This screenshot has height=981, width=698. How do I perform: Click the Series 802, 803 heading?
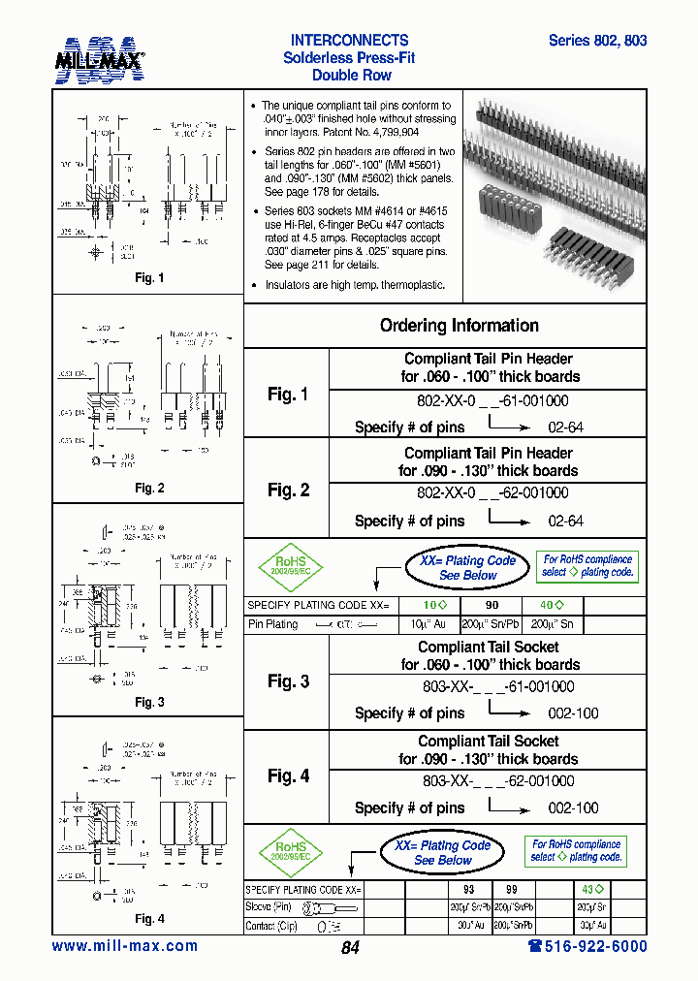pyautogui.click(x=597, y=41)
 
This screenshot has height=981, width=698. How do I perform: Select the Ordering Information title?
pyautogui.click(x=459, y=326)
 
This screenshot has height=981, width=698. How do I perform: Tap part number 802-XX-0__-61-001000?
pyautogui.click(x=492, y=400)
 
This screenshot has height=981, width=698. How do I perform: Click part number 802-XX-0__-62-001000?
pyautogui.click(x=492, y=492)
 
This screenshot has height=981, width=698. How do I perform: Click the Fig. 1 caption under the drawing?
pyautogui.click(x=148, y=278)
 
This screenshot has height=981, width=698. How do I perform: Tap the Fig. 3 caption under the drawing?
pyautogui.click(x=148, y=702)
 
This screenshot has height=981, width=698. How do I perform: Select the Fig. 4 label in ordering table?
pyautogui.click(x=288, y=776)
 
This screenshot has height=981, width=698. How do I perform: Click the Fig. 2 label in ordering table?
pyautogui.click(x=288, y=490)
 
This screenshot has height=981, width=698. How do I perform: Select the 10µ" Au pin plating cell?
pyautogui.click(x=431, y=624)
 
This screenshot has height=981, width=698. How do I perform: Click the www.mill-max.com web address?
pyautogui.click(x=124, y=946)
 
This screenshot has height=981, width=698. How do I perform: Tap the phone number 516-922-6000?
pyautogui.click(x=587, y=946)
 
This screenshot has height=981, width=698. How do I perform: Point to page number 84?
pyautogui.click(x=350, y=948)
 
